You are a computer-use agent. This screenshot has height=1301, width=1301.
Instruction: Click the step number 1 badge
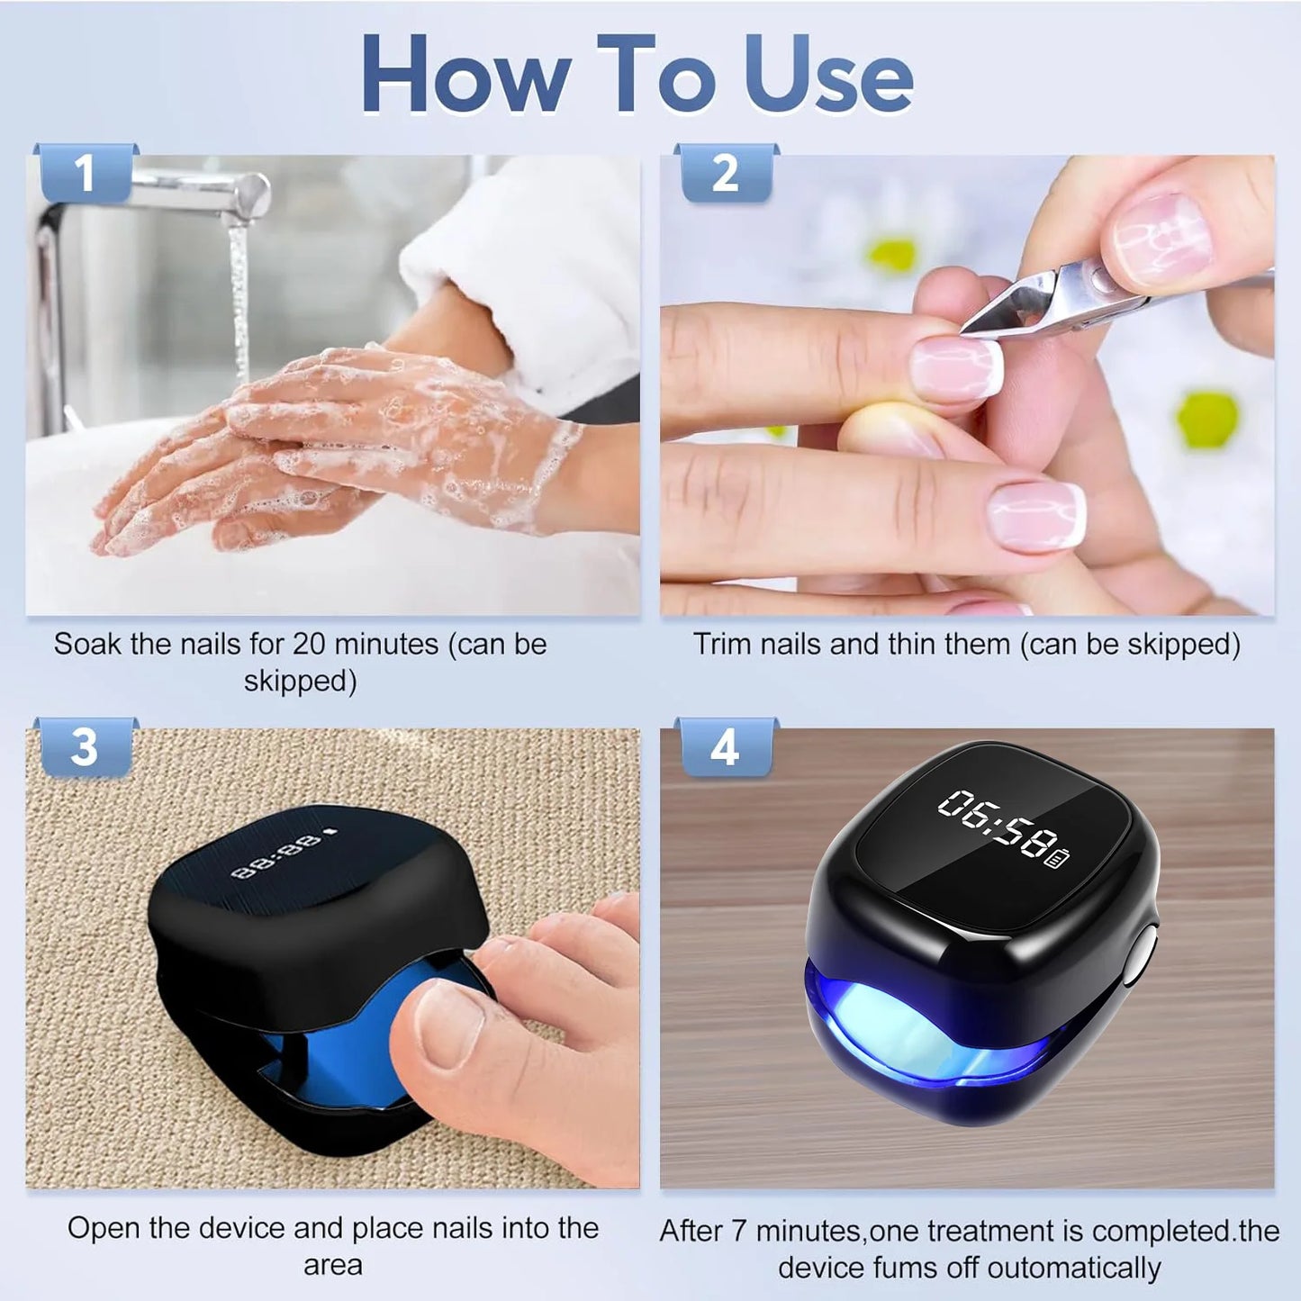click(x=85, y=172)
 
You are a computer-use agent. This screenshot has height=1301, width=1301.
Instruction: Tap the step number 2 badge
click(x=725, y=172)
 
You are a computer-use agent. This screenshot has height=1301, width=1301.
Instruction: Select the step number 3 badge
click(x=84, y=747)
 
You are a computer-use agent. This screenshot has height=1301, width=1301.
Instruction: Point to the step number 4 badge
click(x=725, y=747)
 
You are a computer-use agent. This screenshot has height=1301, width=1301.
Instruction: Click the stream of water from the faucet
click(x=239, y=297)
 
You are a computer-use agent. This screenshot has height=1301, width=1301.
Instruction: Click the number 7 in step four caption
click(x=738, y=1231)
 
